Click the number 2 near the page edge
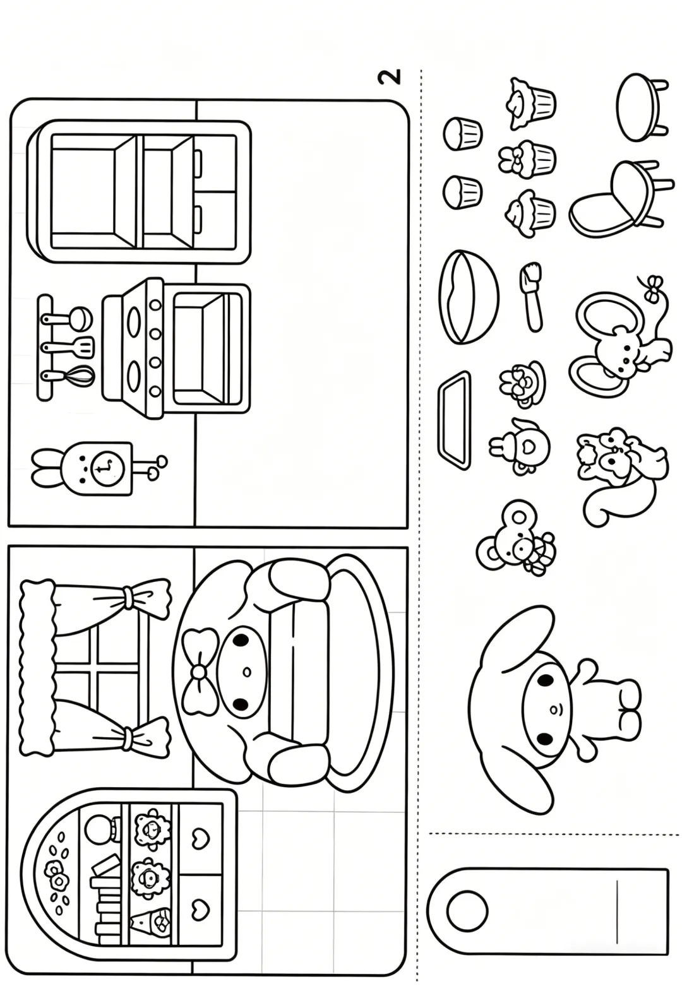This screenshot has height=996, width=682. [389, 76]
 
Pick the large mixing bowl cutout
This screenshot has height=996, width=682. [468, 297]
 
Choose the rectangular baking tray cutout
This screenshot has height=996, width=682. [454, 420]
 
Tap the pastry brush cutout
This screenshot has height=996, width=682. [531, 297]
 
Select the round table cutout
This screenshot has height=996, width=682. [640, 107]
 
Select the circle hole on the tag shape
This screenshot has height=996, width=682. [467, 910]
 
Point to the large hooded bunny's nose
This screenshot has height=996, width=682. [553, 709]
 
